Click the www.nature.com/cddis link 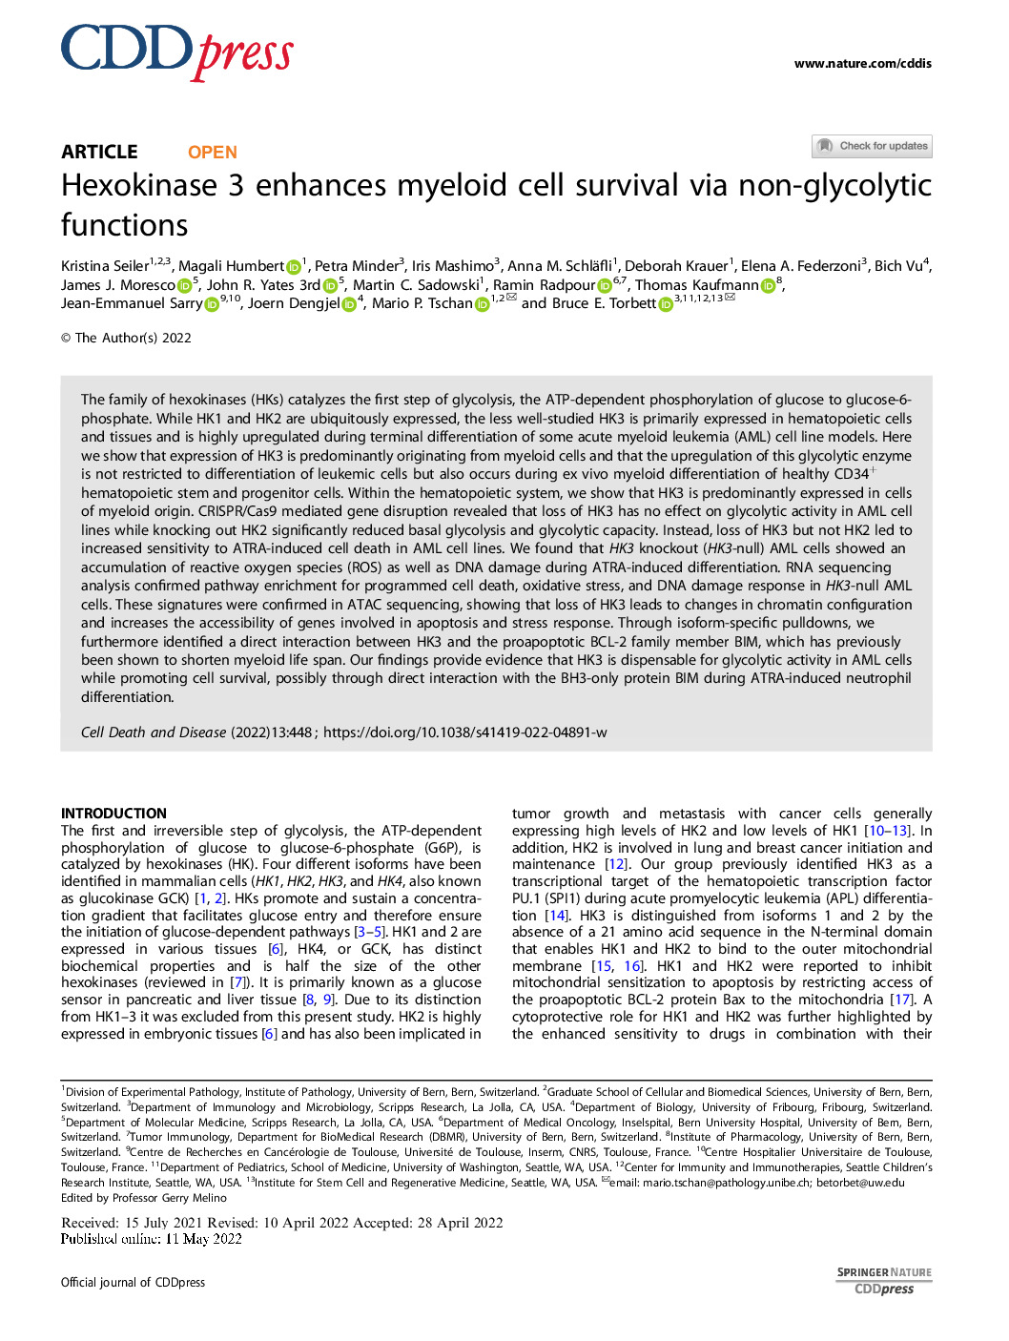click(x=862, y=64)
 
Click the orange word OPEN click(x=212, y=153)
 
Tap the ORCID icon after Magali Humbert click(x=294, y=267)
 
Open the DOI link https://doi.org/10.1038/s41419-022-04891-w click(x=464, y=732)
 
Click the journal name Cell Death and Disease click(x=154, y=732)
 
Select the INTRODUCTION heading click(x=113, y=814)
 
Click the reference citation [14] click(x=555, y=916)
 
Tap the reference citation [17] click(x=901, y=1000)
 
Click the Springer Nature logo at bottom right click(x=884, y=1280)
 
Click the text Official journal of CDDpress click(x=133, y=1283)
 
